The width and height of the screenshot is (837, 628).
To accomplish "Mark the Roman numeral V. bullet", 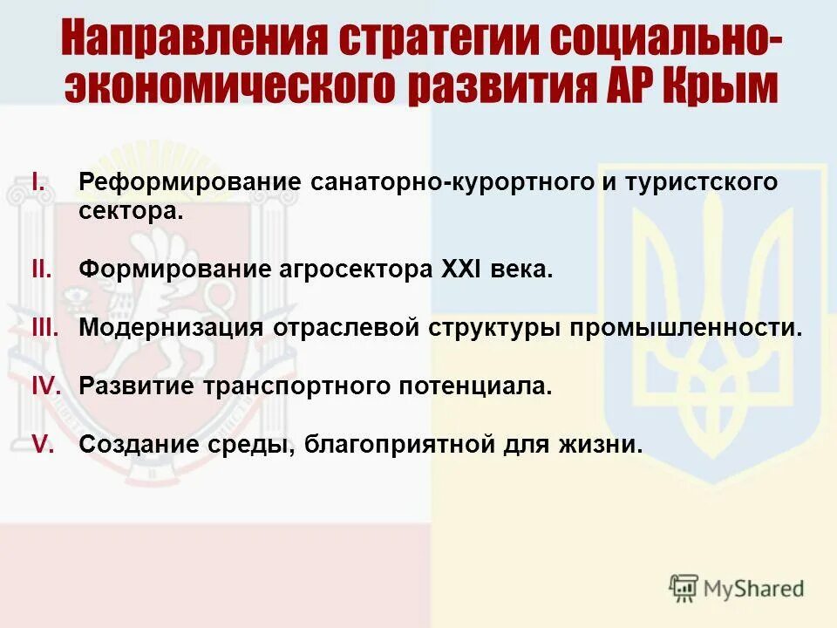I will [44, 444].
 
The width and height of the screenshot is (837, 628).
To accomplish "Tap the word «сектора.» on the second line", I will [131, 211].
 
